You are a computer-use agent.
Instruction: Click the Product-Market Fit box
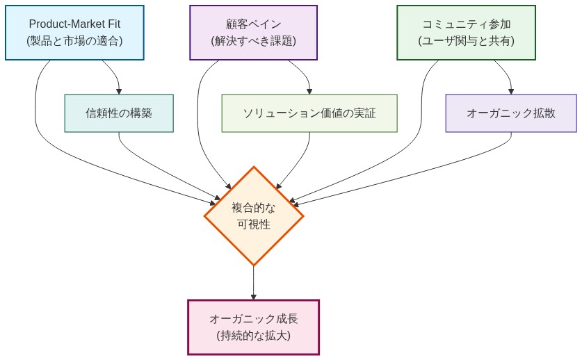(x=74, y=33)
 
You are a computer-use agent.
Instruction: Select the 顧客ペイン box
(x=253, y=33)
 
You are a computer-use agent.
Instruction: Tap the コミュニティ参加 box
(x=466, y=33)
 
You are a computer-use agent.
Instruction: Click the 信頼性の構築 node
(x=119, y=113)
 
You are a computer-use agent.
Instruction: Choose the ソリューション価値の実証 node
(x=309, y=113)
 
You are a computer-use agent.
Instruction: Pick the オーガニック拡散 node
(x=511, y=113)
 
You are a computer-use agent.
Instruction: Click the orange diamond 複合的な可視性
(x=254, y=215)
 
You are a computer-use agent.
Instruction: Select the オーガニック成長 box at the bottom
(x=253, y=327)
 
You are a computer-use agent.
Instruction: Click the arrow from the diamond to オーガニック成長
(x=253, y=281)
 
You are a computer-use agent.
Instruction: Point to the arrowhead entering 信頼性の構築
(x=119, y=90)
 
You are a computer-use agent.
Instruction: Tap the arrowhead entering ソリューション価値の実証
(x=309, y=90)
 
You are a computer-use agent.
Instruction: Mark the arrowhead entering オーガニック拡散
(x=511, y=90)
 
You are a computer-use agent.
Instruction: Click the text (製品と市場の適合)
(x=74, y=41)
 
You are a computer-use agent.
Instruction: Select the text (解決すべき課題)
(x=253, y=41)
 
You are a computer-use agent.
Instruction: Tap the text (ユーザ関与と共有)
(x=466, y=41)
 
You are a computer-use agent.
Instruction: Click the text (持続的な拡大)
(x=253, y=336)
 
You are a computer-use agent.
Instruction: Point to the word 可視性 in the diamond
(x=254, y=224)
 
